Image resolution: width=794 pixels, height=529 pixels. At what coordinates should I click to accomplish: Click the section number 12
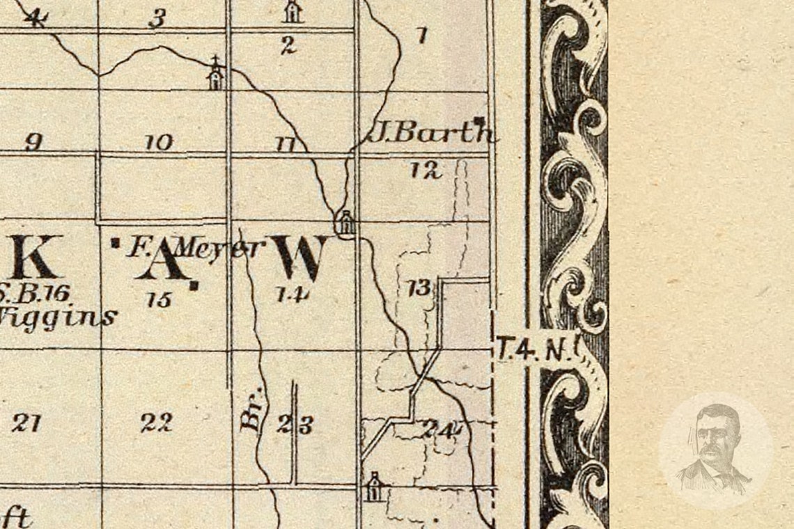pos(426,169)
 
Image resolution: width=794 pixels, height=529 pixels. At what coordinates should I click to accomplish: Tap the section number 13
pos(419,287)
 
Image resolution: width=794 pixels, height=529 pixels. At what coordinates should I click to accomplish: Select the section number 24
pos(441,429)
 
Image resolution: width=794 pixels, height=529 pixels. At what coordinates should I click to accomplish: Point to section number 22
pos(157,423)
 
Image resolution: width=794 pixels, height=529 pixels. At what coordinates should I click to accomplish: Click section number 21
pos(26,423)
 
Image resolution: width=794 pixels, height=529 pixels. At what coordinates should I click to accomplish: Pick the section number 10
pos(158,143)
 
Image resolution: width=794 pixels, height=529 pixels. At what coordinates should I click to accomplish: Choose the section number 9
pos(33,143)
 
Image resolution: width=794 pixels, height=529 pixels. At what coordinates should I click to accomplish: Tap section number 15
pos(159,300)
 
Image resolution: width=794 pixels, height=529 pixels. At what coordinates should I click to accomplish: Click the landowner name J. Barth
pos(430,132)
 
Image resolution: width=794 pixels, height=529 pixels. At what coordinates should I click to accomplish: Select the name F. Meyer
pos(196,248)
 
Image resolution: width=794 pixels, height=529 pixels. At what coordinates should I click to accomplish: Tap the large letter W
pos(299,257)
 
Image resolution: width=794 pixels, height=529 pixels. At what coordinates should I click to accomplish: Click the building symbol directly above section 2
pos(292,12)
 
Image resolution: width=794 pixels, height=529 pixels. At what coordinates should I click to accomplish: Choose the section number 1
pos(422,35)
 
